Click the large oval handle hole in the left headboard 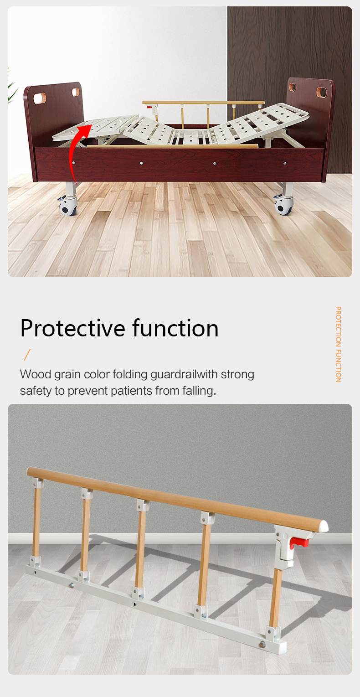coord(40,98)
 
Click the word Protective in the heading coord(73,328)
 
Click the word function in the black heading coord(175,328)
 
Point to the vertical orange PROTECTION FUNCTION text coord(338,344)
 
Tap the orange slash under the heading coord(27,354)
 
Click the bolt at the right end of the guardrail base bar coord(263,643)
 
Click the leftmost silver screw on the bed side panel coord(74,163)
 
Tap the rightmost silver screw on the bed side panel coord(285,163)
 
